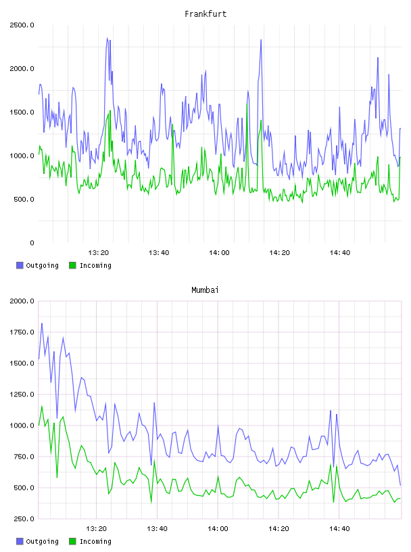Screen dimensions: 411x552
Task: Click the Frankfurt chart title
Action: [205, 14]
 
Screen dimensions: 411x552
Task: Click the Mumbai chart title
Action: [205, 290]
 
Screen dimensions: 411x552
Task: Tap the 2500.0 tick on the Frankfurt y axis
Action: [22, 25]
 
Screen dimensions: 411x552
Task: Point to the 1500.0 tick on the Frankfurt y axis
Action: [22, 112]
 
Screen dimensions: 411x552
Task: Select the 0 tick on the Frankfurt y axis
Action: [32, 243]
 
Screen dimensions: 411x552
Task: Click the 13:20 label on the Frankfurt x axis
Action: [98, 253]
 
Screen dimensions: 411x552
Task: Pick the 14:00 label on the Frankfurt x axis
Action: [219, 253]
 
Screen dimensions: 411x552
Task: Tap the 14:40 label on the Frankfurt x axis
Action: [339, 253]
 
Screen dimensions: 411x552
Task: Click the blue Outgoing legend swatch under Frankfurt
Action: [20, 265]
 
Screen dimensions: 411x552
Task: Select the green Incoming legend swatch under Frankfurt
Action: [72, 265]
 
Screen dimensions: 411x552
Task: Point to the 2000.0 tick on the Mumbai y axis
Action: [22, 301]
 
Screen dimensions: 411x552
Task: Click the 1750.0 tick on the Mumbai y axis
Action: [22, 332]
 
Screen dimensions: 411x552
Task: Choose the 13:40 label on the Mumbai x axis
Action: [157, 529]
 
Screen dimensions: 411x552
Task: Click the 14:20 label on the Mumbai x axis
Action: [279, 529]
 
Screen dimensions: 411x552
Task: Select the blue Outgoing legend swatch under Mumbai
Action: [20, 541]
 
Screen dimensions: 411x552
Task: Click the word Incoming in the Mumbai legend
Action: [95, 542]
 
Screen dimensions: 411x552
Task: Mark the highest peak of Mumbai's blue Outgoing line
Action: [42, 323]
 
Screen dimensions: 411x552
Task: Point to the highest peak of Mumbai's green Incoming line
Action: [42, 406]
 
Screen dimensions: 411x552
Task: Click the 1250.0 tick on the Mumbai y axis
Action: [22, 394]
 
